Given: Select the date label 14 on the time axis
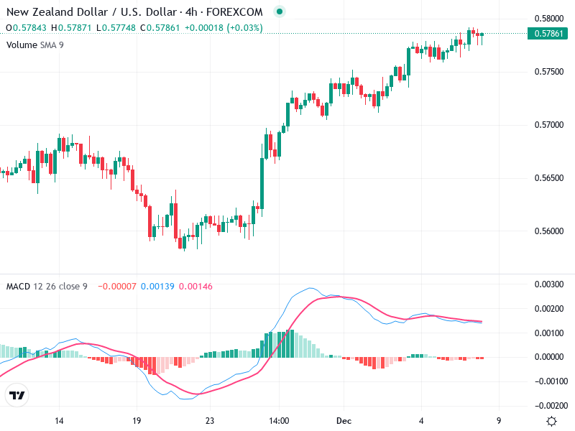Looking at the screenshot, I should pos(60,421).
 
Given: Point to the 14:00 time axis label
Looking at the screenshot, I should pos(279,421).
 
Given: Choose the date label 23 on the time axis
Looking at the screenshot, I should pos(210,421).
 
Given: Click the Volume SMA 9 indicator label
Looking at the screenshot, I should pos(35,45).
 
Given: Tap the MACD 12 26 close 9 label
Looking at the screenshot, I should pos(47,287).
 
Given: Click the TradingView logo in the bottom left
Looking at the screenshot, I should pos(17,396).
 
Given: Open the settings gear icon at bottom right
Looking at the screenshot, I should pos(551,421).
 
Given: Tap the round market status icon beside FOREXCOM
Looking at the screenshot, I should pos(280,11).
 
